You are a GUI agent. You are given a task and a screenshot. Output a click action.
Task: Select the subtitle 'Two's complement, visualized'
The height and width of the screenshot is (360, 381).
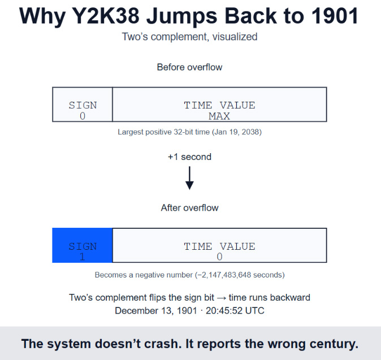(190, 37)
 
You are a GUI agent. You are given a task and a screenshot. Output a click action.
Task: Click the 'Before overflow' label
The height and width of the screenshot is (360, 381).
(190, 67)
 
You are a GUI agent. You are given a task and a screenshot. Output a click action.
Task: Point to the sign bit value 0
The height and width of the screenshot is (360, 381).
(83, 116)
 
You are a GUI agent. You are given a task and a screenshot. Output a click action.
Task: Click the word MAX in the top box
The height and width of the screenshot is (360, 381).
(219, 116)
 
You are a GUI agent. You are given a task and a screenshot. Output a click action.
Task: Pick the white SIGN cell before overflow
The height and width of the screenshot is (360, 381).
(83, 105)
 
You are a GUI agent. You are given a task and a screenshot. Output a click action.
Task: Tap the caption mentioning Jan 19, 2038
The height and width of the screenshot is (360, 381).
(190, 132)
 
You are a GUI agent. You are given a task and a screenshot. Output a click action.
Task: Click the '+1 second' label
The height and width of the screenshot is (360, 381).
(190, 157)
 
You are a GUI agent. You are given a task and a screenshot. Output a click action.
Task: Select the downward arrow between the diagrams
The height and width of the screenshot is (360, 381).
(190, 177)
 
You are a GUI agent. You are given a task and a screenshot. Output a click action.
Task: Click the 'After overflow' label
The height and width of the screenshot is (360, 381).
(190, 207)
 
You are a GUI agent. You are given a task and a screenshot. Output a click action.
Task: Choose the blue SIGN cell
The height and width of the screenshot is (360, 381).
(83, 245)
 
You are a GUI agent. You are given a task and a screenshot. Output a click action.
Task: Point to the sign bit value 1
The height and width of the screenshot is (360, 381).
(83, 257)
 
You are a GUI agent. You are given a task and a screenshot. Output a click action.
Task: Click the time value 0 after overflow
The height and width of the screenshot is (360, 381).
(219, 257)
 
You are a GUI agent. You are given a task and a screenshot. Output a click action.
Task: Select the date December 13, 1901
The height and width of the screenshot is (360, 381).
(156, 310)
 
